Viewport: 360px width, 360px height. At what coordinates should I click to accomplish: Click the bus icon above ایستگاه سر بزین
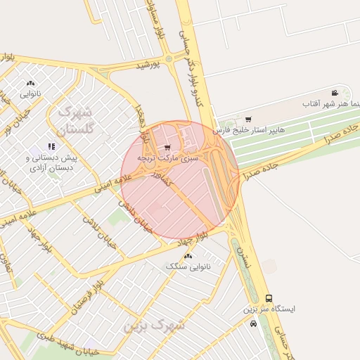pyautogui.click(x=269, y=298)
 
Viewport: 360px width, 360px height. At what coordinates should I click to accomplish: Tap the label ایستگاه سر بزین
pyautogui.click(x=269, y=309)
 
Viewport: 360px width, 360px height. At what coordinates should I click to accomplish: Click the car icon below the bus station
pyautogui.click(x=253, y=324)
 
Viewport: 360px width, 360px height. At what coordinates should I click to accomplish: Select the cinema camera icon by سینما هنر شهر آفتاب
pyautogui.click(x=335, y=93)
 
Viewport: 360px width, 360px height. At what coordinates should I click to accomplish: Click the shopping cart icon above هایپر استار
pyautogui.click(x=247, y=119)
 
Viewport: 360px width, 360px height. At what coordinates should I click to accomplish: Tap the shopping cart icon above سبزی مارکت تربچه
pyautogui.click(x=167, y=148)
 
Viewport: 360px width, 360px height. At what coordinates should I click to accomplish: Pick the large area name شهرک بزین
pyautogui.click(x=153, y=326)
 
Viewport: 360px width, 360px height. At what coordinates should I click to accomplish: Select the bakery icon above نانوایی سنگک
pyautogui.click(x=188, y=256)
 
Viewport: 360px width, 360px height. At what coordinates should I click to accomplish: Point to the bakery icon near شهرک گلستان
pyautogui.click(x=30, y=83)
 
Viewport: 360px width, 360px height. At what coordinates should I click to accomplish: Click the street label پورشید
pyautogui.click(x=148, y=65)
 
